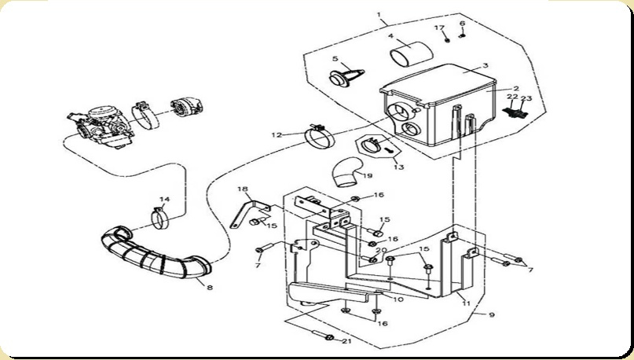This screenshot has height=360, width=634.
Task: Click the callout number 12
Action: [x=277, y=134]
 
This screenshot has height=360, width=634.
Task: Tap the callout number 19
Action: [x=368, y=176]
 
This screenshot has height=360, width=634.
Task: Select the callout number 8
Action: [x=210, y=288]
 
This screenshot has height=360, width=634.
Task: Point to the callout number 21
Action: [x=346, y=341]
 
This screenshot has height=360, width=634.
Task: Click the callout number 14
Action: [x=164, y=199]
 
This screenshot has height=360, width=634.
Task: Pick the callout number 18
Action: [x=243, y=189]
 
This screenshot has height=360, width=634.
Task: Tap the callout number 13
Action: [x=398, y=167]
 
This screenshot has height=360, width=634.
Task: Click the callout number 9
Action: [x=492, y=314]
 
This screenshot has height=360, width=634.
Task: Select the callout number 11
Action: [x=466, y=303]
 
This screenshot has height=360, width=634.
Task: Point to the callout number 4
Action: [x=390, y=36]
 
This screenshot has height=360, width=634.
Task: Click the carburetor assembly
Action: [x=101, y=127]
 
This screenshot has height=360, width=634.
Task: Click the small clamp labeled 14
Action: [x=160, y=219]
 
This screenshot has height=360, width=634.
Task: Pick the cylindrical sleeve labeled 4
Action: [x=411, y=53]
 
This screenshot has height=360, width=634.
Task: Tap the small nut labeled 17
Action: [x=447, y=40]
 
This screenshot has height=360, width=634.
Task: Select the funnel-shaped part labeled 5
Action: [x=347, y=76]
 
